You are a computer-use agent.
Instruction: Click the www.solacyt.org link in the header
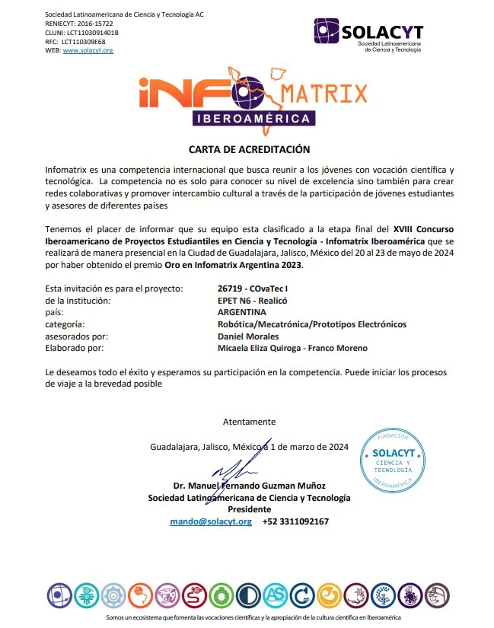(88, 50)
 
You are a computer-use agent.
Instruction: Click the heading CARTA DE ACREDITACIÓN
(249, 149)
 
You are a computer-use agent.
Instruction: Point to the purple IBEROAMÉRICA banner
(253, 119)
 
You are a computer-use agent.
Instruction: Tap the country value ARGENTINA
(241, 312)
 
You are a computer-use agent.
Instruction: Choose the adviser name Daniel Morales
(247, 336)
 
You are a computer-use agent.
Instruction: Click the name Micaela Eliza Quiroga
(260, 348)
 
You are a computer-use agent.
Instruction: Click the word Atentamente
(249, 422)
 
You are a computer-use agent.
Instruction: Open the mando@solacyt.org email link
(210, 521)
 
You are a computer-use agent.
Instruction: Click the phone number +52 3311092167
(295, 521)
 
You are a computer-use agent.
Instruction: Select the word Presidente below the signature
(249, 509)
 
